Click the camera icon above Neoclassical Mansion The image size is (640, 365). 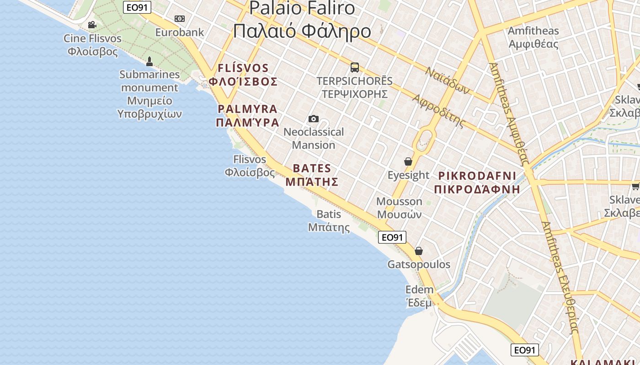(x=314, y=119)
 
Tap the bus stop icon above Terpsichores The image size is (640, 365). (x=354, y=68)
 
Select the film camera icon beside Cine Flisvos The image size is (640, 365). (x=92, y=25)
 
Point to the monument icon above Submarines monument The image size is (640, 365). (x=149, y=61)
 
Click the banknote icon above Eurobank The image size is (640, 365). (x=180, y=19)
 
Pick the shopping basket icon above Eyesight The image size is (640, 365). (x=408, y=162)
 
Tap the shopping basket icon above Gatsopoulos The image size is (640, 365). (x=418, y=251)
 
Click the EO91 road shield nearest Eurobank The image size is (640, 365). (x=137, y=7)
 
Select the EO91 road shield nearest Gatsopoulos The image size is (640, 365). (x=392, y=237)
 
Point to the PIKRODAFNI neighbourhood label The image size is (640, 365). (x=477, y=182)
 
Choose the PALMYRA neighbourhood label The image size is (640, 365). (x=247, y=115)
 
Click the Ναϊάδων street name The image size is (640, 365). (x=447, y=81)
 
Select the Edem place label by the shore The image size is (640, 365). (x=419, y=296)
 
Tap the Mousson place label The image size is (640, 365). (x=399, y=208)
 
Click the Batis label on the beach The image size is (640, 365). (x=329, y=220)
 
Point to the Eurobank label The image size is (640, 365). (x=180, y=32)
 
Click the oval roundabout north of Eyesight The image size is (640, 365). (x=425, y=138)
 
